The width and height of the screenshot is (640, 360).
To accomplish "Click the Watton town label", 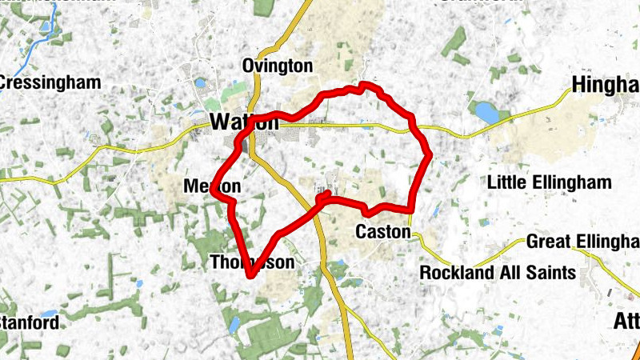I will point(244,122).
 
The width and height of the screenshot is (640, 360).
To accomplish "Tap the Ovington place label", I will point(277,66).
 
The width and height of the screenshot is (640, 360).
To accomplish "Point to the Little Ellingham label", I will point(549,182).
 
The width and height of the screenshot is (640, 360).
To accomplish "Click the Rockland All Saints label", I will point(498,273).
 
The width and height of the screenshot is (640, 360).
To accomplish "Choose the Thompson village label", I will point(252,262).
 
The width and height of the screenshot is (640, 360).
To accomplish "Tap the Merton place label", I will point(212,186).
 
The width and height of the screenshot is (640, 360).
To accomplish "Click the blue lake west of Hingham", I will point(486,111).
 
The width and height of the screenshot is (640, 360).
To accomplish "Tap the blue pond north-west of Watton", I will point(199,82).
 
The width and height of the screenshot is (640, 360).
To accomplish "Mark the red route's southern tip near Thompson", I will point(250,276).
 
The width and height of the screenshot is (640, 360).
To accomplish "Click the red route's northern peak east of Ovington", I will point(365,84).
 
